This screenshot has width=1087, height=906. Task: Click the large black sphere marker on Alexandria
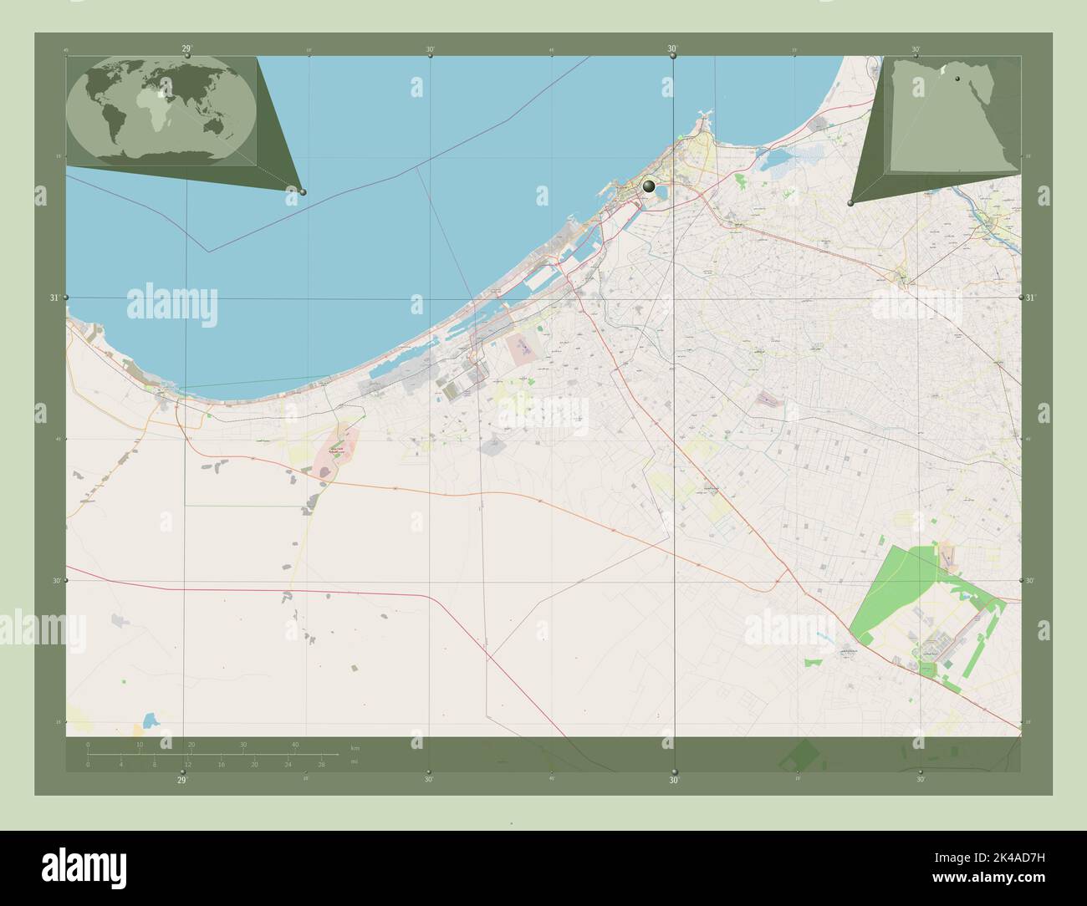(x=649, y=186)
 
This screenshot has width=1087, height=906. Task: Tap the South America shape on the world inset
(x=112, y=124)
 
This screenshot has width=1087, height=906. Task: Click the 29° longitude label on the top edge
(x=186, y=49)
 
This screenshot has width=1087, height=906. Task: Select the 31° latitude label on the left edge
(x=56, y=298)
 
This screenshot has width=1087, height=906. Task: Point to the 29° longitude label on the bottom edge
(x=181, y=780)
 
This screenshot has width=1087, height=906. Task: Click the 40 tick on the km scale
(x=295, y=745)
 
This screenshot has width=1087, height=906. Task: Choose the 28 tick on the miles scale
(x=321, y=764)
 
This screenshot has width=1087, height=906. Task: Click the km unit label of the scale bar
(x=355, y=747)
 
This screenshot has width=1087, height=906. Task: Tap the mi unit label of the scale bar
(x=355, y=761)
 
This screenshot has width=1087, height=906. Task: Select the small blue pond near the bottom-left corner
(x=151, y=720)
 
